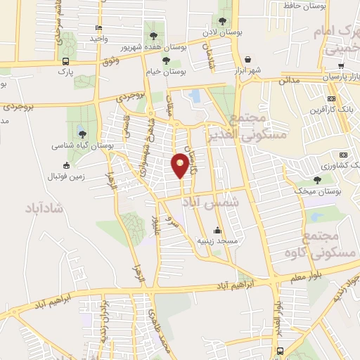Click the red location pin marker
180,166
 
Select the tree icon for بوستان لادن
224,22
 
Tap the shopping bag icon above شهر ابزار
247,60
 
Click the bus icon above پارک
65,61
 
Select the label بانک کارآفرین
330,110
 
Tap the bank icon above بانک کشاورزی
343,155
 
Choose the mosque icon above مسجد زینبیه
217,231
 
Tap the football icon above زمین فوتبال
66,165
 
